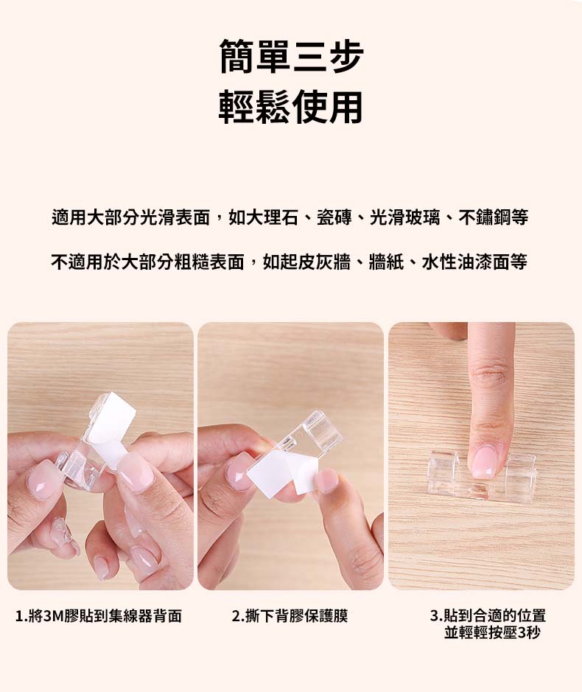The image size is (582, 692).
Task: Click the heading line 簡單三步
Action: point(291,57)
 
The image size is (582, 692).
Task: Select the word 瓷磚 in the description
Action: point(334,217)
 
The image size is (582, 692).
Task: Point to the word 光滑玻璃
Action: point(404,217)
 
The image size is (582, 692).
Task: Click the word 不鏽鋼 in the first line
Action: point(484,217)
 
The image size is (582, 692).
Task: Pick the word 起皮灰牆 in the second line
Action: point(315,262)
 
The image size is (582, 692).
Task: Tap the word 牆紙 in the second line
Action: point(385,262)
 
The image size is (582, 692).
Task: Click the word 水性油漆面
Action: point(465,262)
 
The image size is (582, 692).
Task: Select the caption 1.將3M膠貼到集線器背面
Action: point(99,615)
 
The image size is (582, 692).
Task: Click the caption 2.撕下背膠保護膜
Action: point(290,615)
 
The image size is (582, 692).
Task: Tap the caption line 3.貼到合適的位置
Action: point(488,615)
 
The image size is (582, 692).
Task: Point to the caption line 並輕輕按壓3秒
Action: point(492,633)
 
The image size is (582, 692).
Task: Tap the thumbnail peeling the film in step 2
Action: point(326,480)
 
